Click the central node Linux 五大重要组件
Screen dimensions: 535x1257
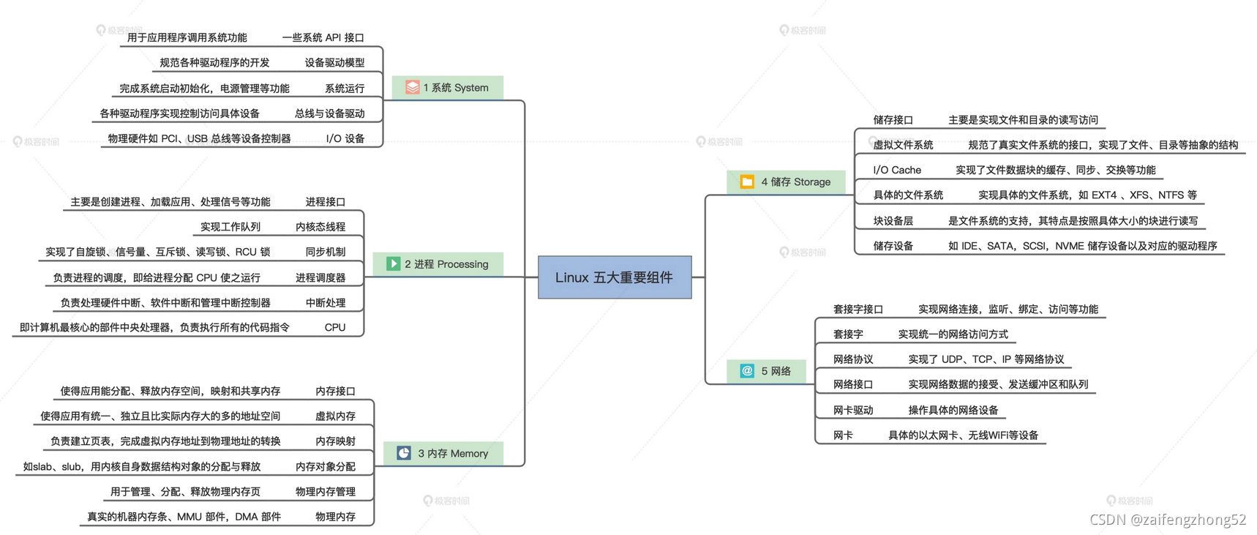pyautogui.click(x=615, y=277)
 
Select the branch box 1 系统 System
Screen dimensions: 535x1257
pyautogui.click(x=448, y=88)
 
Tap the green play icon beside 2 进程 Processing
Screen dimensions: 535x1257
pyautogui.click(x=393, y=263)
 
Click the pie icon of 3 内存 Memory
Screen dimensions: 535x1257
pyautogui.click(x=404, y=453)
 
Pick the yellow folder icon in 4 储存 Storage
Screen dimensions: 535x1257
pyautogui.click(x=747, y=182)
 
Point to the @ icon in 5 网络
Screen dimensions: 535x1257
pyautogui.click(x=747, y=371)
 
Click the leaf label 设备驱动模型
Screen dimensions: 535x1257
pyautogui.click(x=334, y=63)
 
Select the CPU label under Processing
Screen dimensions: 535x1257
pyautogui.click(x=335, y=327)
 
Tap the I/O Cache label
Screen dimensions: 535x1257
pyautogui.click(x=897, y=170)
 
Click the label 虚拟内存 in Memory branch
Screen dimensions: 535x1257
pyautogui.click(x=335, y=416)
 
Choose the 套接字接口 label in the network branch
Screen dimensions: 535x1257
pyautogui.click(x=858, y=310)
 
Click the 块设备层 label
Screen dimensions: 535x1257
pyautogui.click(x=893, y=220)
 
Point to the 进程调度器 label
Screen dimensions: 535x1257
pyautogui.click(x=320, y=277)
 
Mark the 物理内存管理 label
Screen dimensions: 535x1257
pyautogui.click(x=326, y=491)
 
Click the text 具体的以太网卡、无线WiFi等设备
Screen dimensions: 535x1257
pyautogui.click(x=963, y=435)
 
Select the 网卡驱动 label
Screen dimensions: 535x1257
pyautogui.click(x=853, y=410)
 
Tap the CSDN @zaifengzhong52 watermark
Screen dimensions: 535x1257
pyautogui.click(x=1168, y=520)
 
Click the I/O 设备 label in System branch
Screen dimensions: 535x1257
pyautogui.click(x=345, y=138)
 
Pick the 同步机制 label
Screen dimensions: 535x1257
pyautogui.click(x=326, y=252)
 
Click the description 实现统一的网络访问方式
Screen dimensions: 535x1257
pyautogui.click(x=953, y=334)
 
